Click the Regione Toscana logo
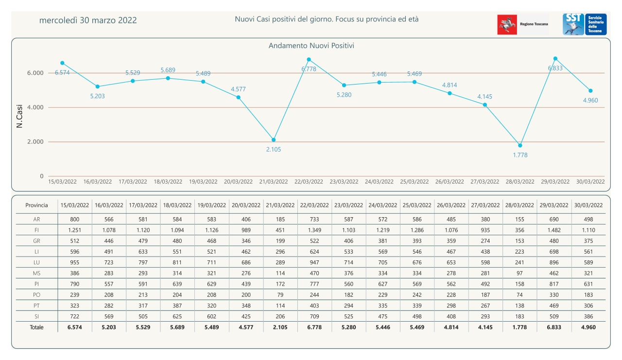[x=523, y=24]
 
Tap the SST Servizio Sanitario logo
[x=585, y=24]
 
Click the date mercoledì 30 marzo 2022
[x=88, y=20]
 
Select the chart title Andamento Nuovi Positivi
[x=311, y=46]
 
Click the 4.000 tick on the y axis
[x=35, y=107]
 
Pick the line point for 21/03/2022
[x=274, y=140]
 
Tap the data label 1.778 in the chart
[x=520, y=155]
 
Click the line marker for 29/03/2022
[x=555, y=58]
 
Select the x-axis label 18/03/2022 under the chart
[x=168, y=182]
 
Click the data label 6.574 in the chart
[x=62, y=72]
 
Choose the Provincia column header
[x=36, y=206]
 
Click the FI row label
[x=36, y=229]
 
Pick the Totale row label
[x=36, y=327]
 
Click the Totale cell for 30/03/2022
[x=588, y=327]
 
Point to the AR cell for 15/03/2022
[x=75, y=219]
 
